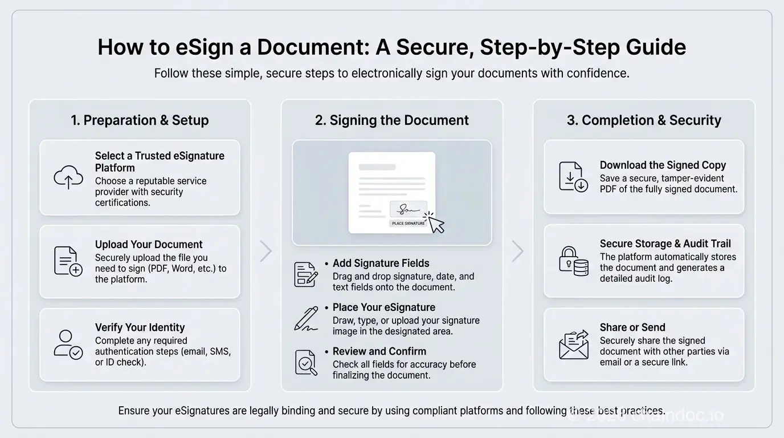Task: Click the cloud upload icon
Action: [68, 177]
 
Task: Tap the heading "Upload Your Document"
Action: [149, 244]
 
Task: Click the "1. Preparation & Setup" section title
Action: [140, 120]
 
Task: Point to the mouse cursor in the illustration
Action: [436, 223]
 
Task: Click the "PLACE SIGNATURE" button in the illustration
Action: [409, 223]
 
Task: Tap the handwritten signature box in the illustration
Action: [409, 209]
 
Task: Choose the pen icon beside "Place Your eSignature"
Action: [306, 319]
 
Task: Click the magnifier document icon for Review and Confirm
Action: [306, 362]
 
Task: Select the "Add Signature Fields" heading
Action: [381, 263]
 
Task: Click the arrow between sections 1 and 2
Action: [266, 251]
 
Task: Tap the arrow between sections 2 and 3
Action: [517, 251]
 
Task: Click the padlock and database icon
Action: [573, 261]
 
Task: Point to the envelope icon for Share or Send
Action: [573, 344]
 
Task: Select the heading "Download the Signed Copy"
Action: [663, 165]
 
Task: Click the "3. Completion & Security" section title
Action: [644, 120]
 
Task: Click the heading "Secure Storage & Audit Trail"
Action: [665, 244]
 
